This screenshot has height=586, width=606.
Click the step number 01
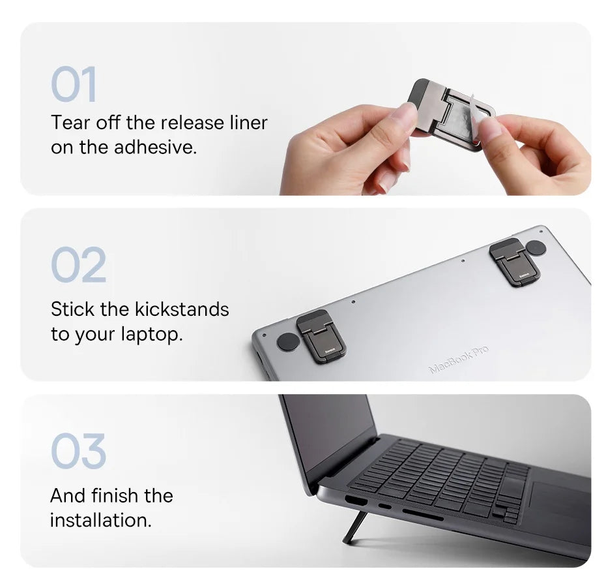[74, 84]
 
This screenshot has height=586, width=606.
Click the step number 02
[78, 265]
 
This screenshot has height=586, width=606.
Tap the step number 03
[78, 451]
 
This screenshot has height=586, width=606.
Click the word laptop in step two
[151, 334]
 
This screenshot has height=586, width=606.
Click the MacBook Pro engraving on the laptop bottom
[458, 360]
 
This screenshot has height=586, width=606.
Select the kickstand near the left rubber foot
[321, 336]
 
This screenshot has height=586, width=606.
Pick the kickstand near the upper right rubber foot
[514, 262]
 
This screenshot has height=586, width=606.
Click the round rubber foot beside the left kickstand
[287, 341]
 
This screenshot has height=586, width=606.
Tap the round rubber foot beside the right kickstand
[536, 247]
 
